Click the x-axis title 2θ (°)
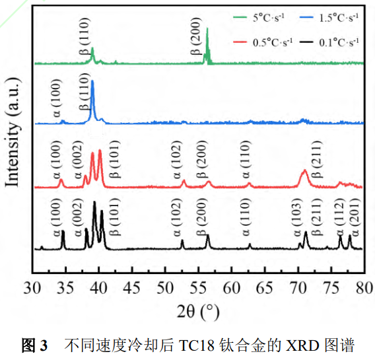[x=198, y=310]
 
